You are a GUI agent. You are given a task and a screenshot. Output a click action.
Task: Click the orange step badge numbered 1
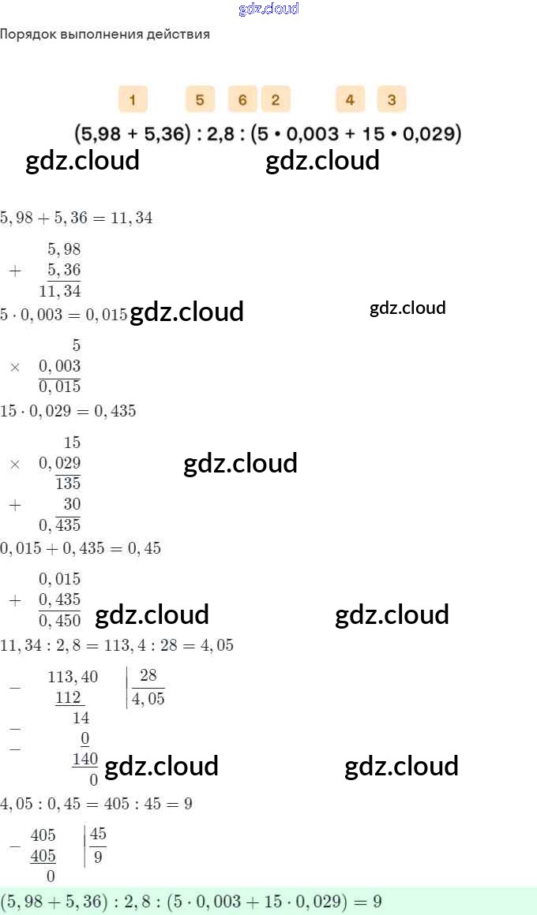[x=133, y=99]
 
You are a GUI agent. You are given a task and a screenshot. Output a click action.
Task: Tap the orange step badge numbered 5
[x=201, y=99]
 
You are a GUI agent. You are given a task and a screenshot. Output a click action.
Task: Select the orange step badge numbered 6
[x=242, y=99]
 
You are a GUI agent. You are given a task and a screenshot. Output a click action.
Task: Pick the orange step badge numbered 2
[x=276, y=99]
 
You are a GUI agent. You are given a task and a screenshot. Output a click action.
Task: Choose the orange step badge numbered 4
[x=350, y=99]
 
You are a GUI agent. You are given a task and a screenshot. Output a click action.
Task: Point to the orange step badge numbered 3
[x=392, y=99]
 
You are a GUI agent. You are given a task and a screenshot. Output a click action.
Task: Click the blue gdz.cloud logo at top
[x=268, y=9]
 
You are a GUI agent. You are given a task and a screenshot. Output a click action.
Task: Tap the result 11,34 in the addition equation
[x=132, y=218]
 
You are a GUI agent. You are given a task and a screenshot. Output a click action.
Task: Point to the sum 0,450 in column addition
[x=60, y=621]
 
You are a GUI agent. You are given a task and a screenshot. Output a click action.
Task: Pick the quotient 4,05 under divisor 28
[x=148, y=699]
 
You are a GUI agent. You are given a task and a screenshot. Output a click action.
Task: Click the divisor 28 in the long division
[x=148, y=676]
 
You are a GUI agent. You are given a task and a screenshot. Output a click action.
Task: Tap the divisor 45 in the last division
[x=98, y=835]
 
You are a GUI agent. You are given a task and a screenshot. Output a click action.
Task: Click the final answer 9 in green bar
[x=377, y=901]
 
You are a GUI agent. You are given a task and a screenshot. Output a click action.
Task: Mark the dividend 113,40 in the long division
[x=73, y=677]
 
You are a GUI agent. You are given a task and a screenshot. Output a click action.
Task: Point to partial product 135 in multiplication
[x=69, y=484]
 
